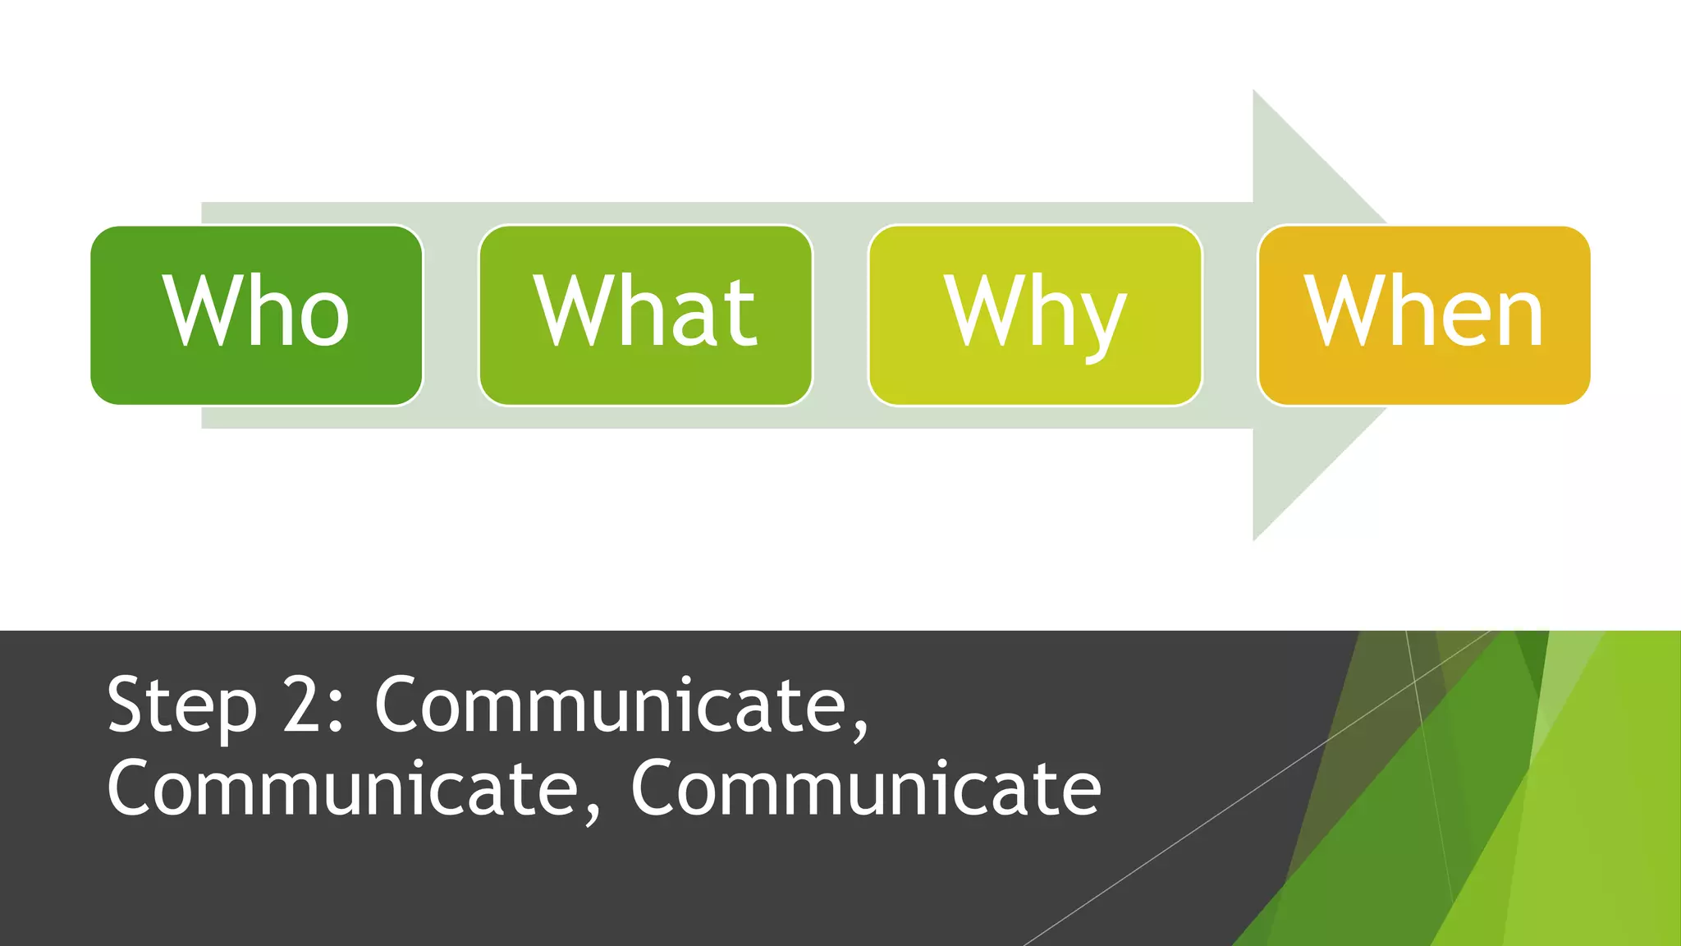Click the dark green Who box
256,315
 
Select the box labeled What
645,315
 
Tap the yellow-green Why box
1035,315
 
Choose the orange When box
1424,315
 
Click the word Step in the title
181,706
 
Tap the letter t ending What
740,312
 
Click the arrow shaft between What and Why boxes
840,315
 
